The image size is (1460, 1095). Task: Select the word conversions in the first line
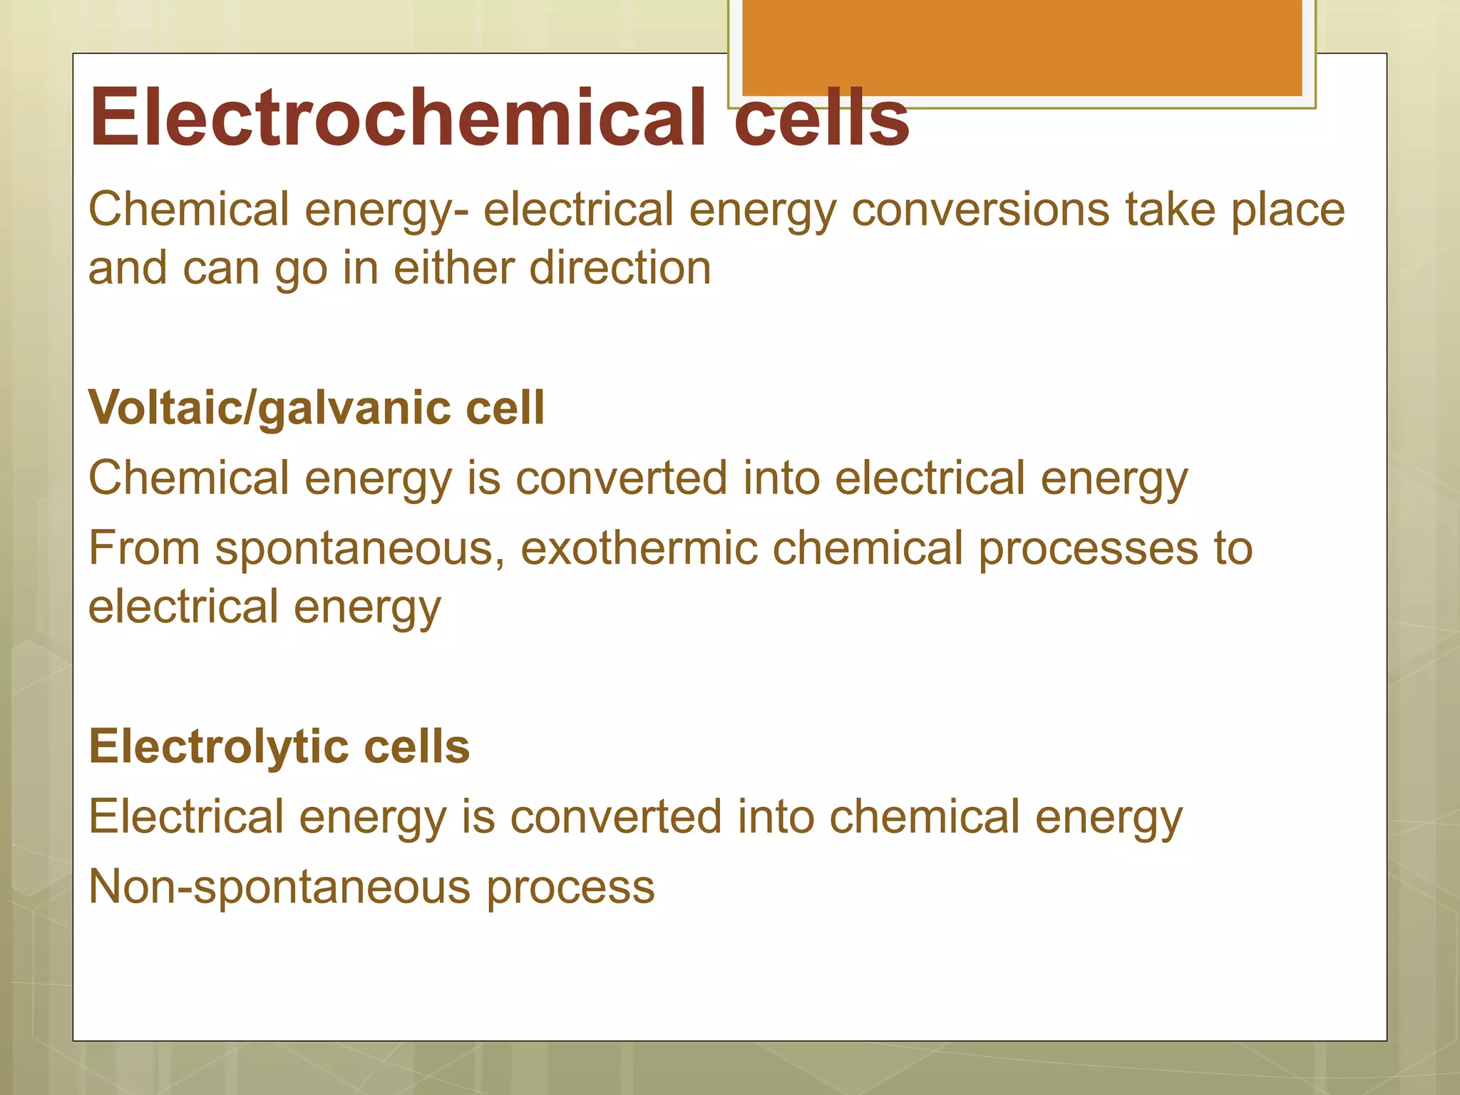(x=980, y=210)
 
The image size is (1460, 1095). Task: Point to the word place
(x=1288, y=210)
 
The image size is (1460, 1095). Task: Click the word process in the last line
(x=570, y=887)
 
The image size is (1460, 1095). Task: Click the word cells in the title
(x=821, y=117)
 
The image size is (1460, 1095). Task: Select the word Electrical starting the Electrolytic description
(x=186, y=816)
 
